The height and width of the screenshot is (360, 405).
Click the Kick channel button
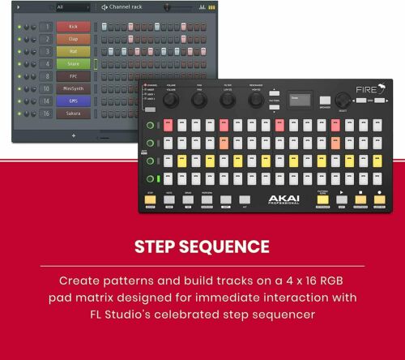pos(74,27)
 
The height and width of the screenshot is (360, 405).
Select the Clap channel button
pos(74,39)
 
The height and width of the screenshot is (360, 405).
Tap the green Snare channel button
pos(74,64)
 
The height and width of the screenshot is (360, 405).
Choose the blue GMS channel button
pos(74,101)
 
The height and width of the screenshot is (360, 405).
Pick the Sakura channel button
pos(74,114)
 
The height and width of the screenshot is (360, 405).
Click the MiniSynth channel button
pos(74,89)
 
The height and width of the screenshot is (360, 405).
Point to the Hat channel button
pos(74,51)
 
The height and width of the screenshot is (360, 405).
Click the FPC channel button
pos(74,76)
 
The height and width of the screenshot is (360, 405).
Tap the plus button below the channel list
pos(74,135)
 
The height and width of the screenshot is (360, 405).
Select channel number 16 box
pos(46,114)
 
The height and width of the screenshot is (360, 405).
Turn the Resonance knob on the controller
pos(256,99)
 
